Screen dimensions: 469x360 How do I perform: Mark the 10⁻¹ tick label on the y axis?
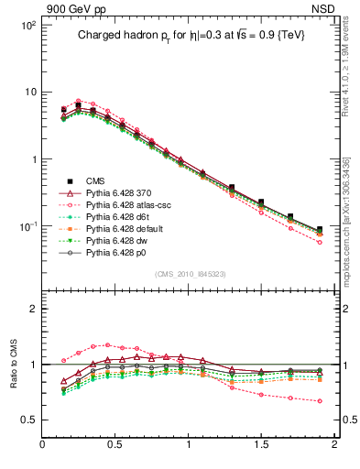pos(27,225)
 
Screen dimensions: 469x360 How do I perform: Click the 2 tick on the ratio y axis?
pos(31,309)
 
